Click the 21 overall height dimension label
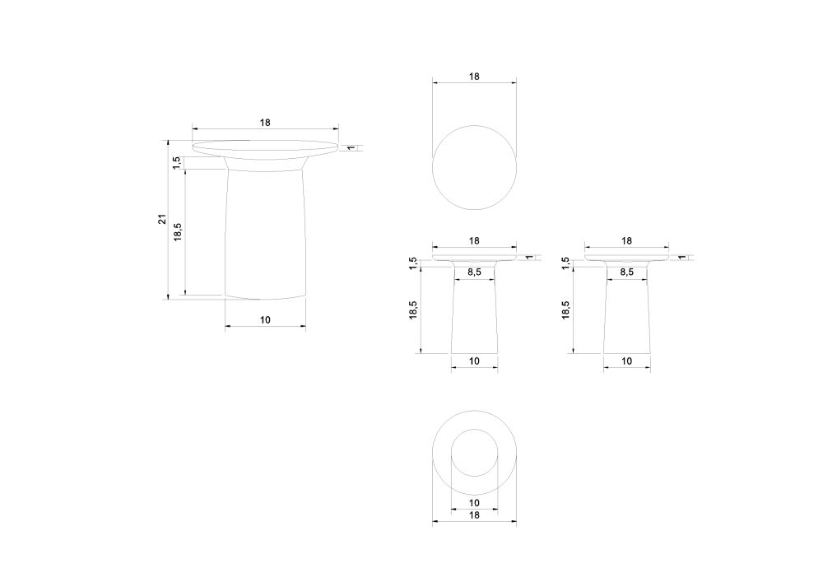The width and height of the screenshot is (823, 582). [x=162, y=219]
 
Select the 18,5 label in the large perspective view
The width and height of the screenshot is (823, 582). [x=178, y=232]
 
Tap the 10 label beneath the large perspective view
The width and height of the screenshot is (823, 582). [x=265, y=319]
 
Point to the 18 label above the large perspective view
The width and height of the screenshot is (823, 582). [x=265, y=123]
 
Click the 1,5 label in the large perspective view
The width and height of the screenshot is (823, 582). [x=177, y=163]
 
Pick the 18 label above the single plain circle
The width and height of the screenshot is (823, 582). [x=474, y=77]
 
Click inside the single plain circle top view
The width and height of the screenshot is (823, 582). [x=474, y=167]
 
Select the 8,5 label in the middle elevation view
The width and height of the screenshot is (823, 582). [x=474, y=272]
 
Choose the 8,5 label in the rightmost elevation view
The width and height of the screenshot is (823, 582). [x=626, y=272]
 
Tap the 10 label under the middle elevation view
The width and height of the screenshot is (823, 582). [x=474, y=361]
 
